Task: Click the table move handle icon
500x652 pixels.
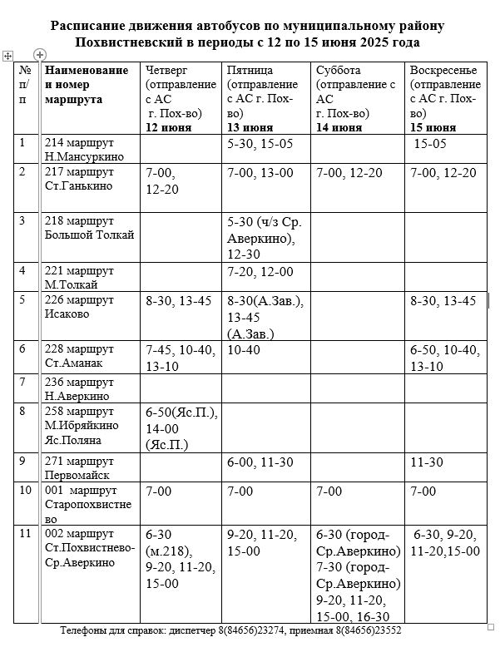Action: point(7,55)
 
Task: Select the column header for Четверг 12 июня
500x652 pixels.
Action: point(182,98)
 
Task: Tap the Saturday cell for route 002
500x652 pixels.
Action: point(358,574)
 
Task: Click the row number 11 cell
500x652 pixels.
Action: point(26,533)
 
